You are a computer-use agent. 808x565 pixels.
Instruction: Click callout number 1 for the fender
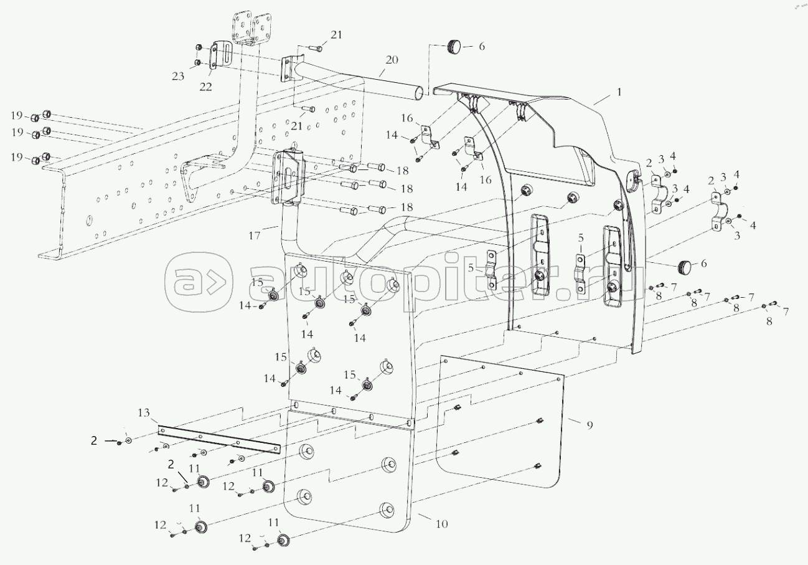point(619,92)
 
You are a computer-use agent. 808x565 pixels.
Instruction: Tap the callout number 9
point(589,425)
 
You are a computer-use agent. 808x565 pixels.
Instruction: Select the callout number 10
point(441,524)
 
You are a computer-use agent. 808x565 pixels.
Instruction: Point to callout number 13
point(144,413)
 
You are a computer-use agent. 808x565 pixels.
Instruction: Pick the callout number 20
point(391,60)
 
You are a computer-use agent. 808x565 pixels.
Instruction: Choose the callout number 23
point(179,77)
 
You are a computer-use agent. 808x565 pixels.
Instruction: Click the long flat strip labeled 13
point(218,439)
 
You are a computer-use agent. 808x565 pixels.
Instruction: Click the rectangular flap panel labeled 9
point(498,424)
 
